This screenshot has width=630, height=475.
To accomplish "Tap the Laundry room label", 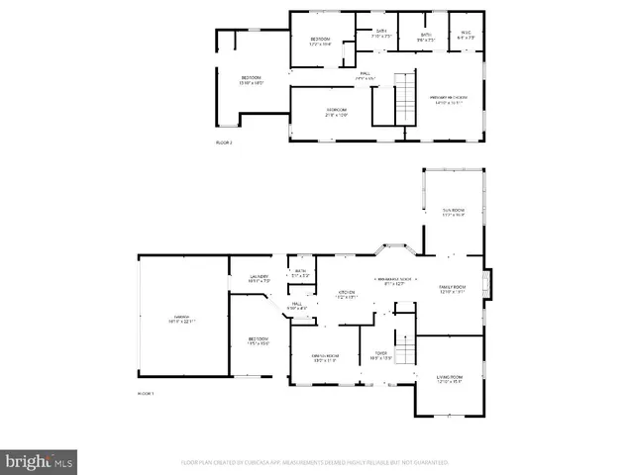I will pyautogui.click(x=258, y=279).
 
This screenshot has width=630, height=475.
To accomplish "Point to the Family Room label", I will pyautogui.click(x=452, y=288).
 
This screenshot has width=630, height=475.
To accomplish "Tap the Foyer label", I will pyautogui.click(x=380, y=355).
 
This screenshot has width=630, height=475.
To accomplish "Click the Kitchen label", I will pyautogui.click(x=347, y=294).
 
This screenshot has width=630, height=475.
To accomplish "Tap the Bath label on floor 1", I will pyautogui.click(x=300, y=272).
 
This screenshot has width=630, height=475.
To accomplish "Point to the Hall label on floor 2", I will pyautogui.click(x=365, y=76).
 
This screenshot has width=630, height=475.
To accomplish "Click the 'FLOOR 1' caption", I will pyautogui.click(x=146, y=394).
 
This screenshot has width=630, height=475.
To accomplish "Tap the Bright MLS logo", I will pyautogui.click(x=40, y=460).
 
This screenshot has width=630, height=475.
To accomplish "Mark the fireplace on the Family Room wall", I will pyautogui.click(x=485, y=287).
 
